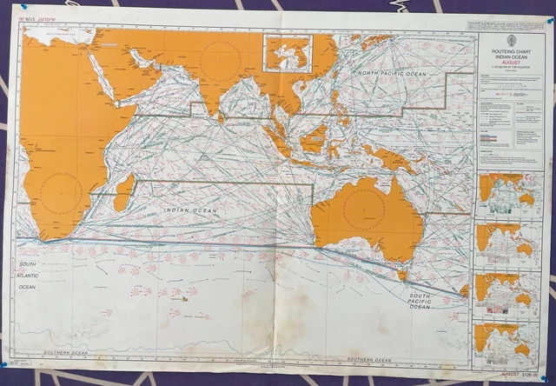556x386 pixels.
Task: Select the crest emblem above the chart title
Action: (511, 41)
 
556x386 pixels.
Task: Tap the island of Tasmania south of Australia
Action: (402, 276)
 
